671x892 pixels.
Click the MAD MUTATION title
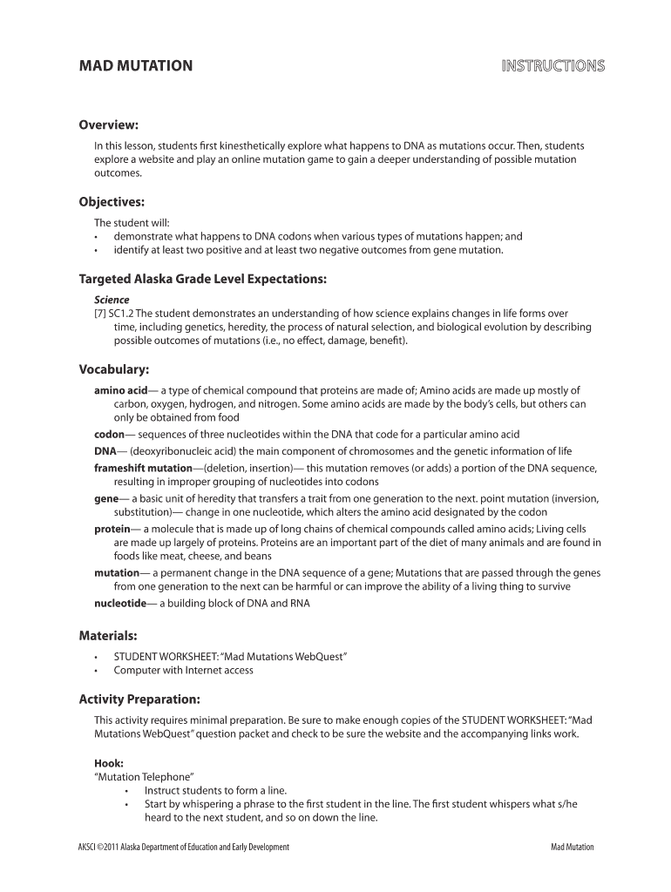point(136,66)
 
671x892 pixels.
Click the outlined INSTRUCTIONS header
point(552,66)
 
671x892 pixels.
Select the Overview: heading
point(109,125)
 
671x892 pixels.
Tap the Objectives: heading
point(112,202)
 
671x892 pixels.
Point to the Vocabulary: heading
point(114,369)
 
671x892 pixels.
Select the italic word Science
point(112,300)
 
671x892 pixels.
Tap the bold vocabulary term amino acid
point(121,390)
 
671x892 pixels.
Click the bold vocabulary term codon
point(109,435)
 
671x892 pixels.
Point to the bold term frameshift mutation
point(142,469)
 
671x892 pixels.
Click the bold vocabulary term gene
point(106,499)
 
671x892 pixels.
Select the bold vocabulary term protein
point(112,530)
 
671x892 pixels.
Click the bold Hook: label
point(108,762)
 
